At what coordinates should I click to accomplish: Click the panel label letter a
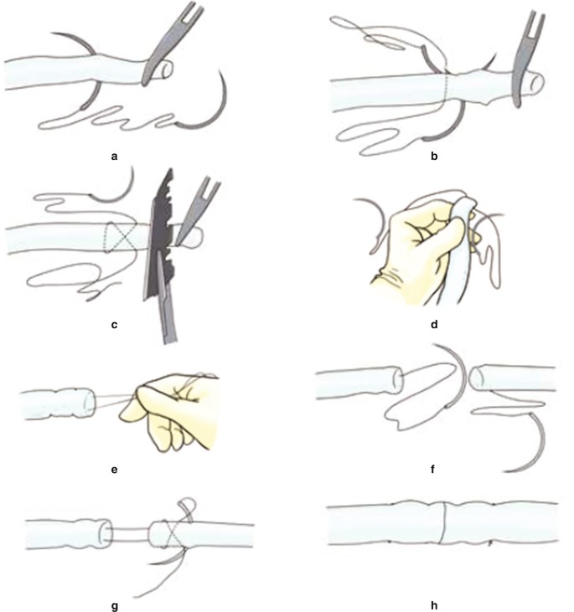click(x=114, y=157)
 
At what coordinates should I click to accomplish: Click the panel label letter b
click(x=434, y=156)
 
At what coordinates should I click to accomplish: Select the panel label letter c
click(x=114, y=325)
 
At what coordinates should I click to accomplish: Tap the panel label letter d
click(x=434, y=324)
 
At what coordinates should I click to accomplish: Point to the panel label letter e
click(x=114, y=470)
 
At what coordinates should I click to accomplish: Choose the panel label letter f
click(x=432, y=469)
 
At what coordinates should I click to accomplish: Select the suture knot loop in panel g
click(x=187, y=508)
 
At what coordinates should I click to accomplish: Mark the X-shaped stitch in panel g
click(x=168, y=533)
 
